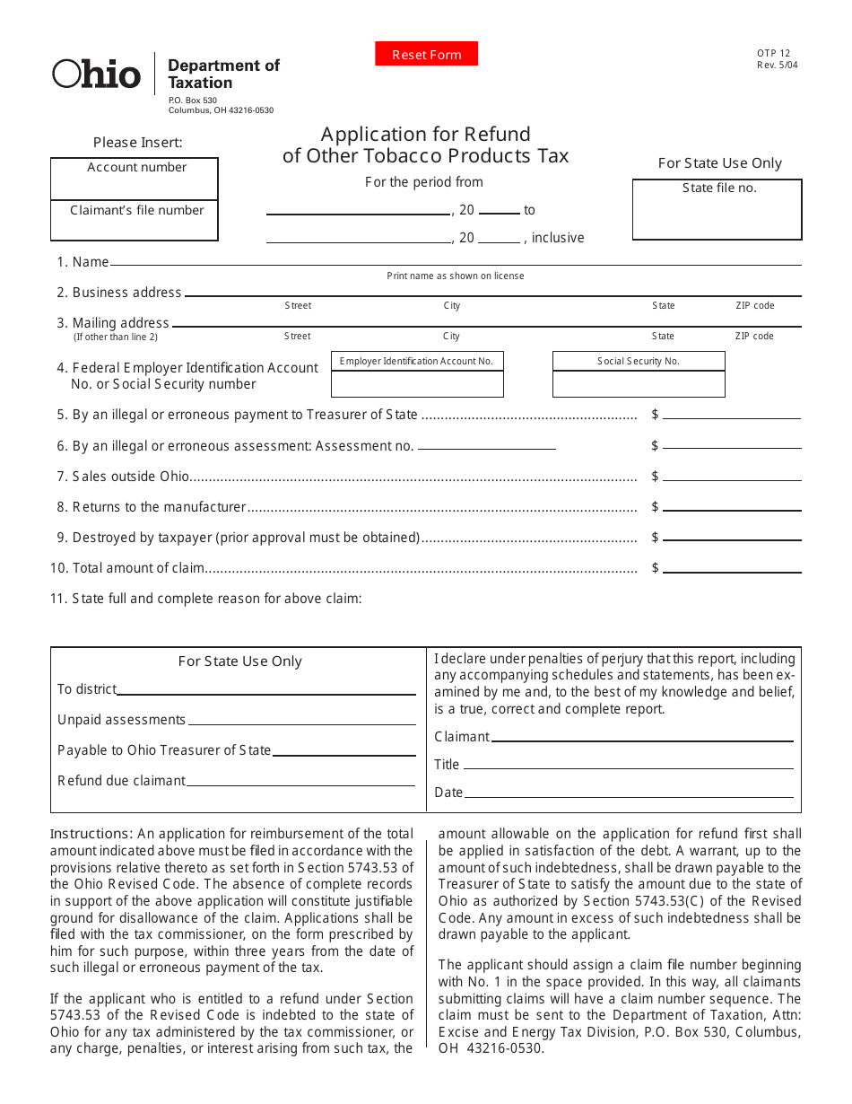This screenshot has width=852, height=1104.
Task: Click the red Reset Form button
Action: (426, 55)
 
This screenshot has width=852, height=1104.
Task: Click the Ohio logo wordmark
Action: (97, 74)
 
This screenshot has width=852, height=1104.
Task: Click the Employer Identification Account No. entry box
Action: (417, 383)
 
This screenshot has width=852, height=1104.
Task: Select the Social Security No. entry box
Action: (639, 383)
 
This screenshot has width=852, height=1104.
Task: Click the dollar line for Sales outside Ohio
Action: (731, 478)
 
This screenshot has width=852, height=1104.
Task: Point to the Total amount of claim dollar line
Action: (731, 569)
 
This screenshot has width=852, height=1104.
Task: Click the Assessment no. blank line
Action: (486, 447)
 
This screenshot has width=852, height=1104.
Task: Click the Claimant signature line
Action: (641, 739)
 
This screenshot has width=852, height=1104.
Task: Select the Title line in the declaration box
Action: (628, 767)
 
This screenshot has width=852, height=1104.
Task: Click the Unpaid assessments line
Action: (301, 722)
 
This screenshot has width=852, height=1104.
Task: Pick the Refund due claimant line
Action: (300, 783)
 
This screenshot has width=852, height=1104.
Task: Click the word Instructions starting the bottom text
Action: (91, 834)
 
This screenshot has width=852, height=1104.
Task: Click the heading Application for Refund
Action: (426, 134)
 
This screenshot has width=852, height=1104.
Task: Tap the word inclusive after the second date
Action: (558, 238)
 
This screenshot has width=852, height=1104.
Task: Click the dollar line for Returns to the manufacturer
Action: (731, 508)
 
